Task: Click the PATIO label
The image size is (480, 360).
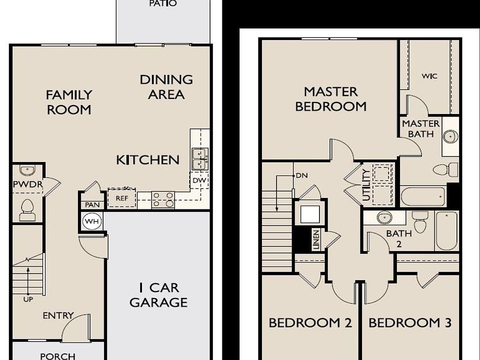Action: (163, 3)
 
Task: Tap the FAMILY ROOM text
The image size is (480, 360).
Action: (69, 102)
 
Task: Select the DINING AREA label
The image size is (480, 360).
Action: (166, 87)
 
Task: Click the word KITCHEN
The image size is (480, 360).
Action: (147, 160)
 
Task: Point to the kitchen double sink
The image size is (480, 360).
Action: (200, 159)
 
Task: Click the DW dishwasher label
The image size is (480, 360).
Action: (199, 180)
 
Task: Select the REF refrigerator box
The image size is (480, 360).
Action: (122, 198)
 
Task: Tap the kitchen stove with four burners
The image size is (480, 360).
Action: (163, 199)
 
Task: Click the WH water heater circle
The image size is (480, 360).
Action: (92, 221)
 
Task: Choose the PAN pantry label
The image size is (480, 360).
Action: (92, 205)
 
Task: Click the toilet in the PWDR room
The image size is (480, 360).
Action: (27, 209)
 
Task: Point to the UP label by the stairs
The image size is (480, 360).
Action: (28, 299)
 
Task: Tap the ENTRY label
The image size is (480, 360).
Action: (58, 315)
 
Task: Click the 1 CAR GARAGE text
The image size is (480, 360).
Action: (158, 295)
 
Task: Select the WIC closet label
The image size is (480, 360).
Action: (429, 76)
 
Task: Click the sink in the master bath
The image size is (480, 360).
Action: (450, 136)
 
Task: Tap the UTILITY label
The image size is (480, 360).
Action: (366, 185)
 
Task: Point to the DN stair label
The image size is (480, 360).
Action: (302, 175)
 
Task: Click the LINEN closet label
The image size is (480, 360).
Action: (316, 239)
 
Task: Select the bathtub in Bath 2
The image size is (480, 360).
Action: (446, 231)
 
